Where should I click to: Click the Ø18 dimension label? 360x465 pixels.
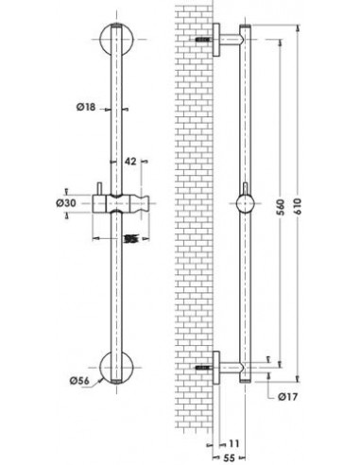[85, 107]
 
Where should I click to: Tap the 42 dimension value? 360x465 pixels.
[130, 162]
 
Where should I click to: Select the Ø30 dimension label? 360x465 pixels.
[66, 203]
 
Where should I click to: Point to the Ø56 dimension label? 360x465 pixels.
[79, 381]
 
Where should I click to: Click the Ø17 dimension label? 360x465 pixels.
[287, 397]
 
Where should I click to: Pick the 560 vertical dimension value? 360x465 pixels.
[281, 207]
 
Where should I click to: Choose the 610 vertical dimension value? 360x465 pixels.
[298, 206]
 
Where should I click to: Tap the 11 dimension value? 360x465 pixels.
[233, 443]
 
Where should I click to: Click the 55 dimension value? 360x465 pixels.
[229, 457]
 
